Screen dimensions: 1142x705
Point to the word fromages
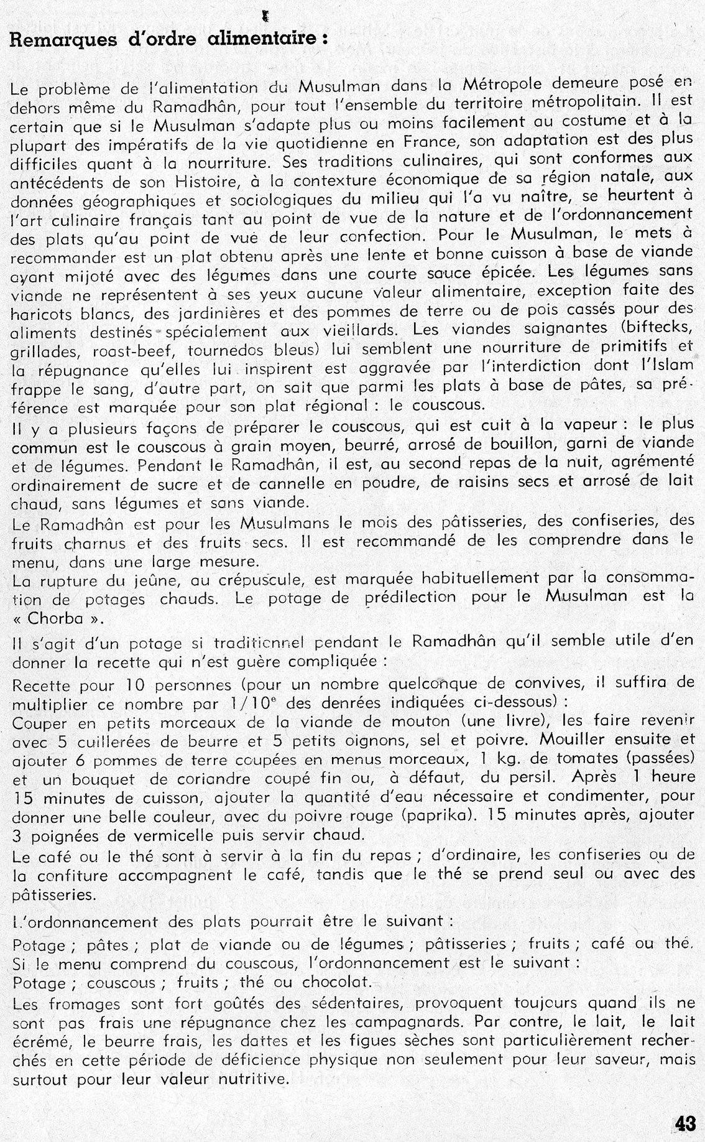83,1003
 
